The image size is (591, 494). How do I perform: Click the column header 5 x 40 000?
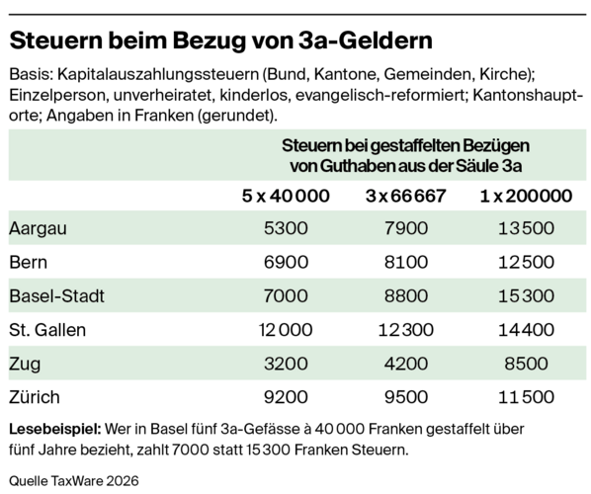pos(286,196)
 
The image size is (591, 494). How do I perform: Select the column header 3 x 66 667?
pos(406,196)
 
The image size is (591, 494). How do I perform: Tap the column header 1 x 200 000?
pos(526,196)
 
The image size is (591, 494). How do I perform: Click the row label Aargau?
pos(38,229)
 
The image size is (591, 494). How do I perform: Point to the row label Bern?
pos(29,262)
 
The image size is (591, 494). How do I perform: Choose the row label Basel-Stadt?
pos(56,296)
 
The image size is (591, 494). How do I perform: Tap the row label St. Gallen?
pos(47,330)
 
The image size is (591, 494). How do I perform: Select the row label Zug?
pos(25,365)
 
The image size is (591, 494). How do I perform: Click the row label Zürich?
pos(35,397)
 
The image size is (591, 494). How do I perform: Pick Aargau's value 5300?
pos(286,228)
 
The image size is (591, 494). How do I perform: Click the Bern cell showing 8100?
pos(406,262)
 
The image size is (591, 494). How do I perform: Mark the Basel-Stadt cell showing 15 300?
pos(526,296)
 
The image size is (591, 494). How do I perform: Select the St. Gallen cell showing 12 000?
pos(286,330)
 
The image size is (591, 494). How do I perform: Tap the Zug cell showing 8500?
pos(526,364)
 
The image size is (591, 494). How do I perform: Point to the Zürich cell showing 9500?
pos(406,397)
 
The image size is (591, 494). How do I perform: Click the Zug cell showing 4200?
pos(406,364)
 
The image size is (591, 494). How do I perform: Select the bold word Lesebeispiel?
pos(55,430)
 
